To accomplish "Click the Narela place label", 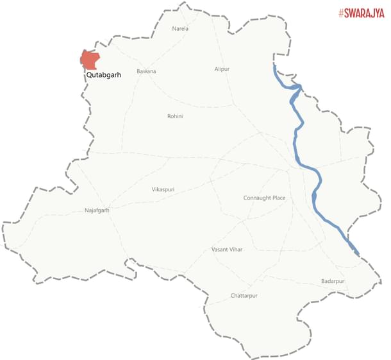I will [x=181, y=29].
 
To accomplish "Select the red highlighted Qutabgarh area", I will [x=90, y=60].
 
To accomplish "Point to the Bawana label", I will [x=146, y=71].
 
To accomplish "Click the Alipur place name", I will [x=222, y=69].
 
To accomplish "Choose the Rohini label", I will [x=175, y=116].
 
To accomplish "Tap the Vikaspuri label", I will [x=163, y=190].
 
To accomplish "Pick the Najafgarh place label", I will [x=97, y=210].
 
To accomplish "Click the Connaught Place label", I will [x=264, y=198].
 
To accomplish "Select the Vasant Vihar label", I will [x=227, y=249].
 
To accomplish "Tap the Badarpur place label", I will [x=333, y=282].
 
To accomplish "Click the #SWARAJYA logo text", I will [x=362, y=13].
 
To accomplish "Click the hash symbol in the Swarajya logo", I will [x=342, y=13].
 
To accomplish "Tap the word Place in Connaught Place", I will [x=278, y=198].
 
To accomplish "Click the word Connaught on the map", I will [x=256, y=198].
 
